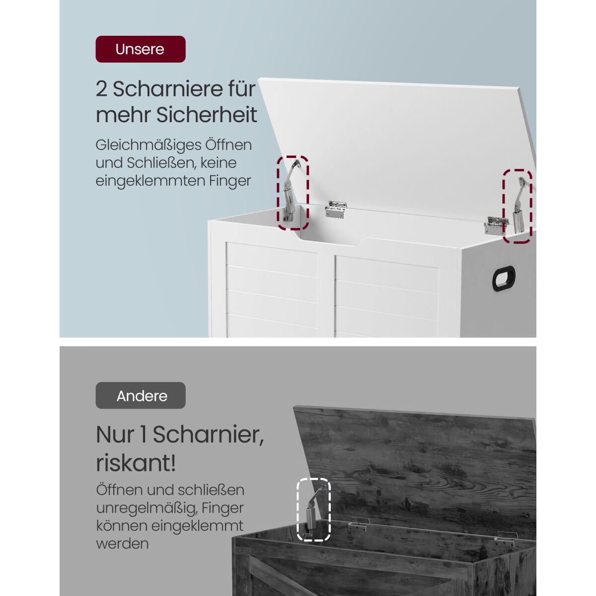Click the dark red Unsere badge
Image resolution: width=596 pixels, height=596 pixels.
coord(141,49)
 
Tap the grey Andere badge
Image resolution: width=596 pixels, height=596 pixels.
coord(141,395)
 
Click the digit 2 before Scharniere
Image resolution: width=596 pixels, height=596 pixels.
coord(101,89)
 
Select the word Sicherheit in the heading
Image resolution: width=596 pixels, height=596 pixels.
coord(207,115)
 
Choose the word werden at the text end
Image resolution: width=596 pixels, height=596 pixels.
coord(123,543)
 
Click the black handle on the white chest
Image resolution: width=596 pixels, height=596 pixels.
coord(504,279)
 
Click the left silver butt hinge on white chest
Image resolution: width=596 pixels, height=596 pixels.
coord(336,209)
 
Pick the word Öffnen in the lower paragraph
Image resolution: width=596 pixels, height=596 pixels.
coord(119,490)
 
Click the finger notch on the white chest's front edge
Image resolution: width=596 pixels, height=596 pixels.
coord(332,240)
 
